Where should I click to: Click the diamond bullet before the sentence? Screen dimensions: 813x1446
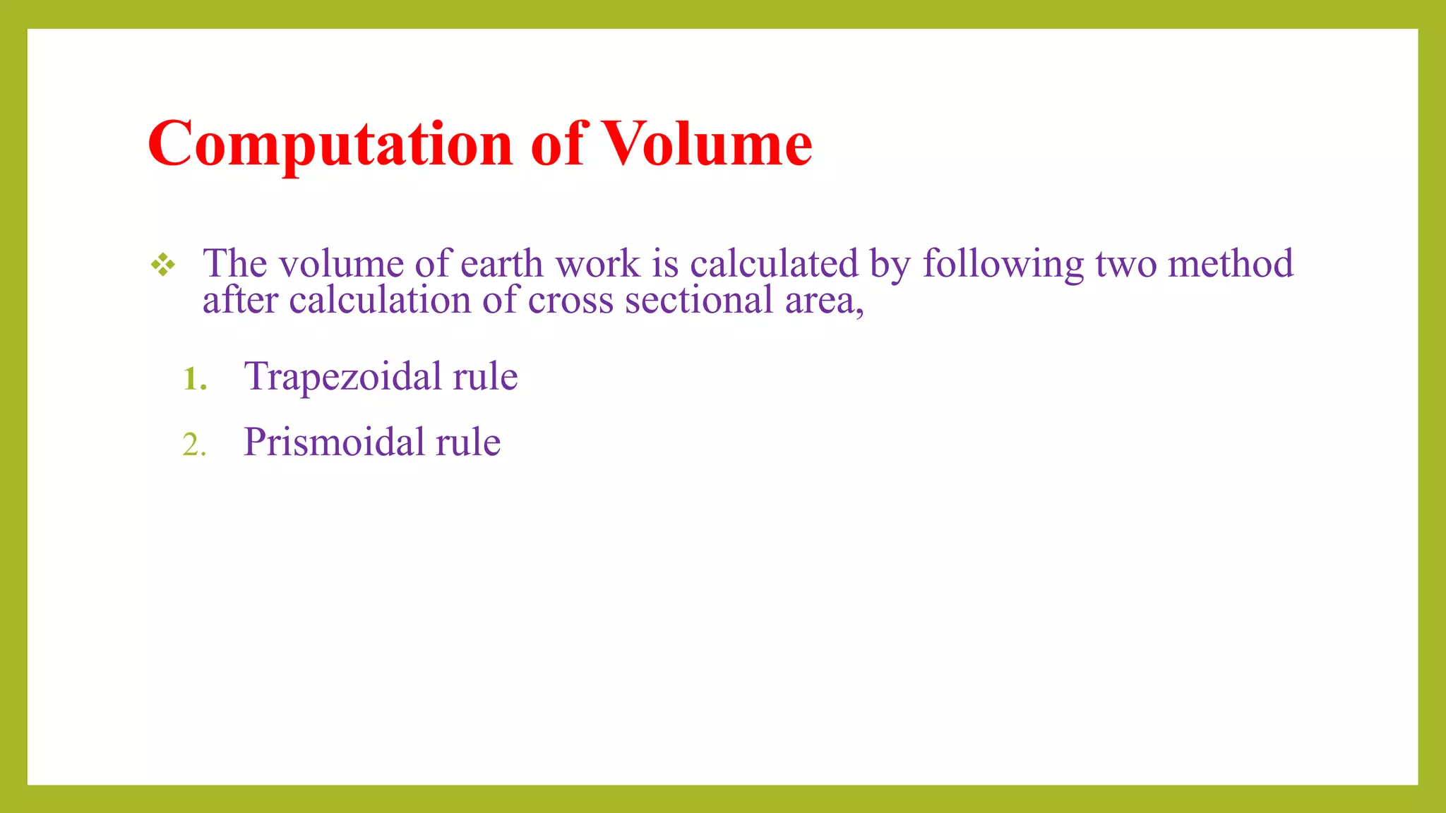click(163, 265)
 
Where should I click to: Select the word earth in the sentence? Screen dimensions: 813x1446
click(502, 264)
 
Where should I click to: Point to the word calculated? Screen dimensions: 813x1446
click(774, 264)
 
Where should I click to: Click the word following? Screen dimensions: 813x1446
click(1003, 264)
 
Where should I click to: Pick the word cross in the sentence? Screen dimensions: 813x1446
click(570, 300)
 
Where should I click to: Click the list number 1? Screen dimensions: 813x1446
click(194, 379)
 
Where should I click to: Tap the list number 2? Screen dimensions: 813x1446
click(194, 445)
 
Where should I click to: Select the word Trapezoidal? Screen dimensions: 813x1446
click(342, 376)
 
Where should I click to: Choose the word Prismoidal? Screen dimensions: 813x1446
click(333, 442)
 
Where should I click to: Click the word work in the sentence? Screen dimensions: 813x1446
click(597, 264)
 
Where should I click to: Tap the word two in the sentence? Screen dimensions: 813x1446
click(1126, 264)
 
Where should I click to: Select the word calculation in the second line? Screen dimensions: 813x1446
click(379, 300)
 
